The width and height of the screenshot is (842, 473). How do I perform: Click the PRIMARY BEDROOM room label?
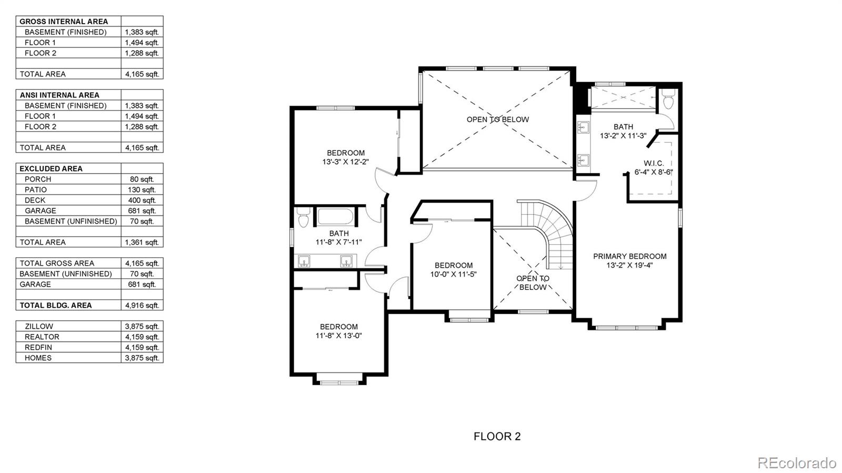pos(629,256)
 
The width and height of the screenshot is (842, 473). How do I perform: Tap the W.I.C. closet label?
pos(654,163)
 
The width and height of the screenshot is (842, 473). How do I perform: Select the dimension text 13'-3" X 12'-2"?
pos(345,162)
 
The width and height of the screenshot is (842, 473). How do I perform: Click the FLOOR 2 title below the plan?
pos(497,436)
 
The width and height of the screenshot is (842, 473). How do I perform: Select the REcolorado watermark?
pos(796,462)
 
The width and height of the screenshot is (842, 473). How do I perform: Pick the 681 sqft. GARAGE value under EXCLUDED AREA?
pos(142,210)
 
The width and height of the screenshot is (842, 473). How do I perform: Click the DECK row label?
pos(35,200)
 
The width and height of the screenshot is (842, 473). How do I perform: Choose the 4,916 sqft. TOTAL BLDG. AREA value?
pos(142,305)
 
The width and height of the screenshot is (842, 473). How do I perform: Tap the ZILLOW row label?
pos(39,326)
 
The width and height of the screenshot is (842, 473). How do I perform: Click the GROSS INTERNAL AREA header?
pos(64,22)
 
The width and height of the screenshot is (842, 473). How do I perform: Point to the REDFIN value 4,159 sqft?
pos(142,347)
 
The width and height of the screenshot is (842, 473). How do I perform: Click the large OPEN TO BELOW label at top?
pos(497,119)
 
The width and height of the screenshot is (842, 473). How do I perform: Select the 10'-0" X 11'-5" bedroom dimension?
pos(453,274)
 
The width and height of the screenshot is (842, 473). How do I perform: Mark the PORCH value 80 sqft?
pos(142,179)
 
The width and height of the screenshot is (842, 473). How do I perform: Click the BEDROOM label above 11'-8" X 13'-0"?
pos(338,327)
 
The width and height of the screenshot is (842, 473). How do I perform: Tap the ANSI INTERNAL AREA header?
pos(59,95)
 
